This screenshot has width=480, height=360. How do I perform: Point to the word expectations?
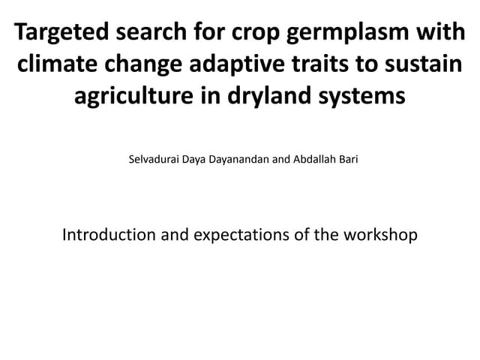pyautogui.click(x=242, y=235)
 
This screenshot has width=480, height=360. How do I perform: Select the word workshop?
pyautogui.click(x=382, y=235)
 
